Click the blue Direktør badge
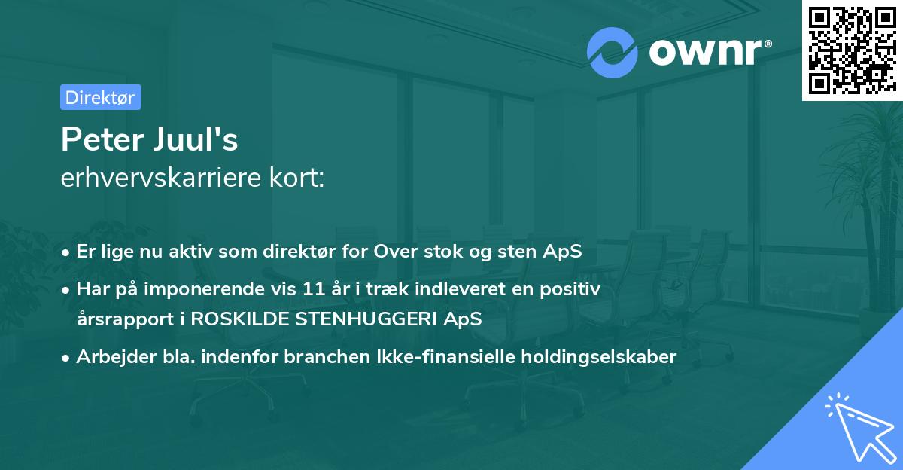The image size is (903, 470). (x=100, y=97)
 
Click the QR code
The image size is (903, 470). (x=853, y=50)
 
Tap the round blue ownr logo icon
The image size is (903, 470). (x=613, y=52)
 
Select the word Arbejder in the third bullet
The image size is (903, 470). (x=111, y=357)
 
